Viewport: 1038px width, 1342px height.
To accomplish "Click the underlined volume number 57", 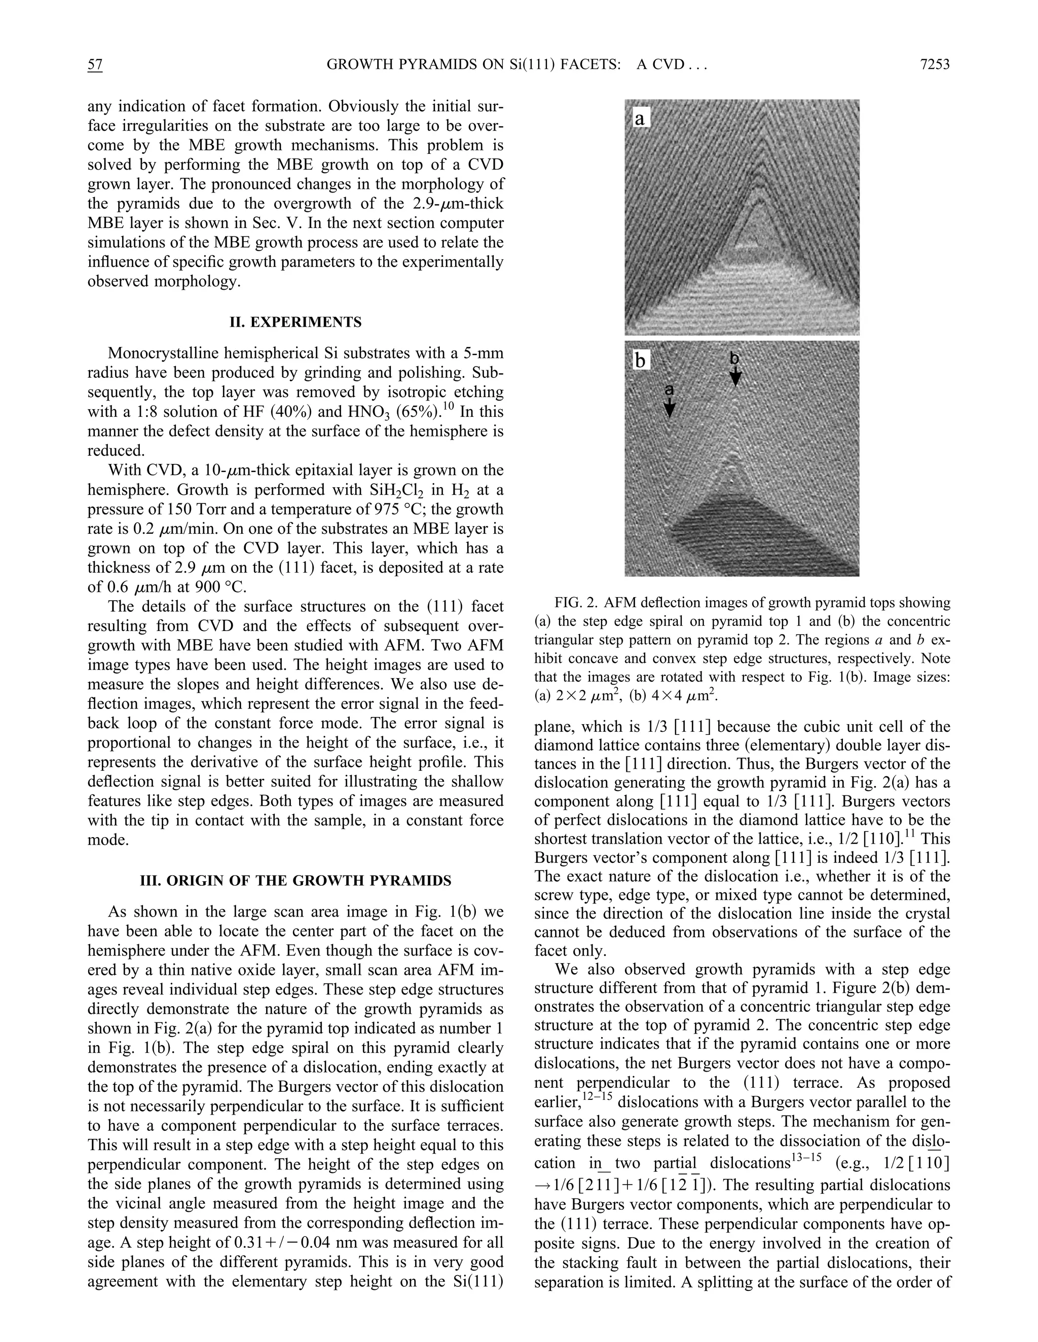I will pyautogui.click(x=95, y=64).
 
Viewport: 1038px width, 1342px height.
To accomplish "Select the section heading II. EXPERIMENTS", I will pyautogui.click(x=295, y=322).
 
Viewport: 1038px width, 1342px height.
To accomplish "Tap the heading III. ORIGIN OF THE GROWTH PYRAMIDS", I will pyautogui.click(x=295, y=881).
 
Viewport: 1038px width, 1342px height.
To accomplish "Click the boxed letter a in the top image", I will pyautogui.click(x=640, y=119).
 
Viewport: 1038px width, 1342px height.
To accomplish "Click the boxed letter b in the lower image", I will pyautogui.click(x=640, y=360).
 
